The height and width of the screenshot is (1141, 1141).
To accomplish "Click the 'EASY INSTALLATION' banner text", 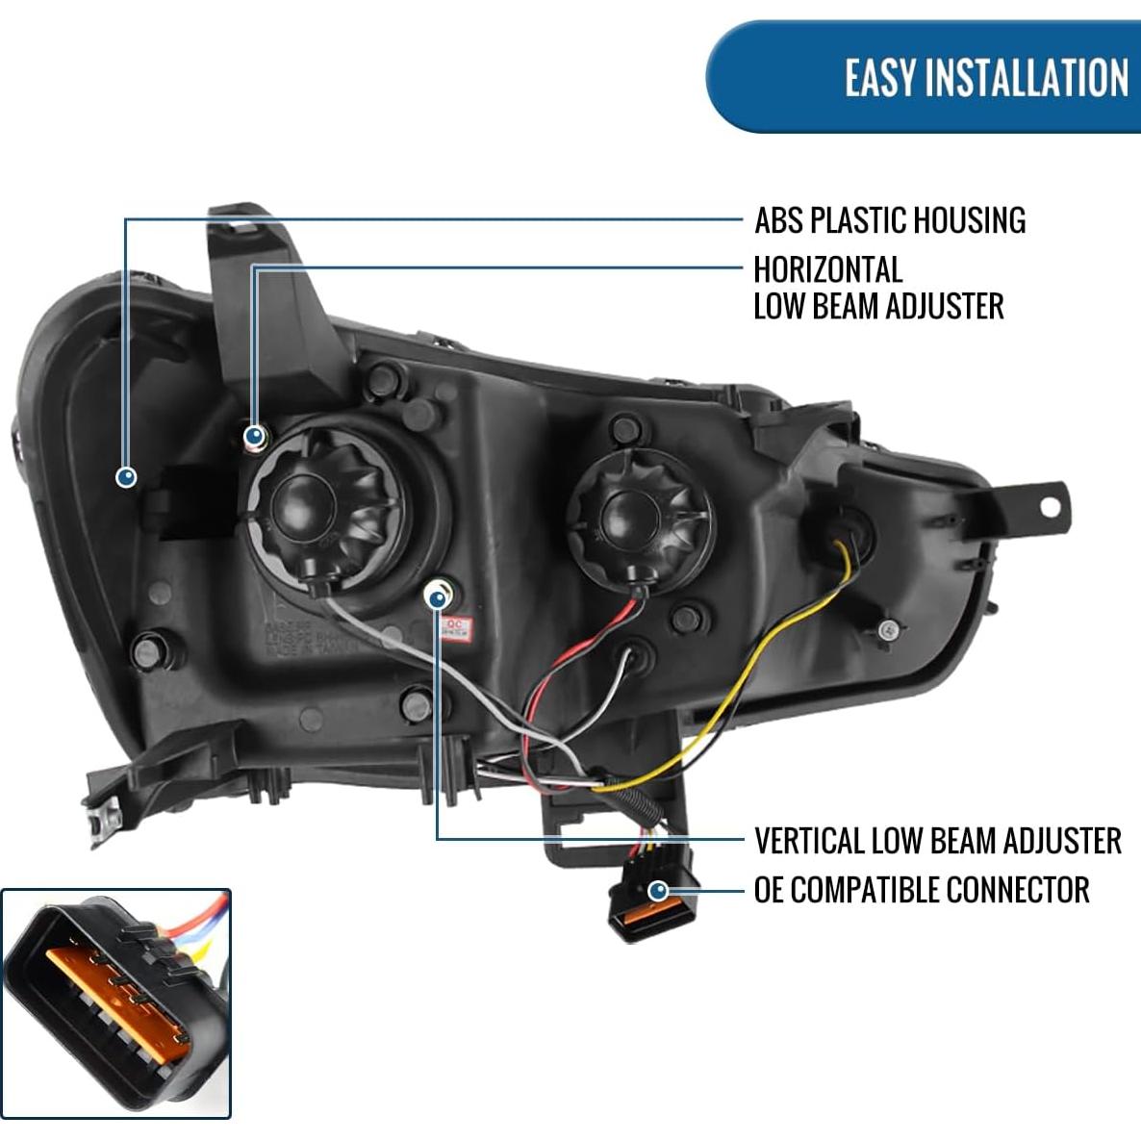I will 985,77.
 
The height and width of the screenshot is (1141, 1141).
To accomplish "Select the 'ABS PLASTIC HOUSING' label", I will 890,220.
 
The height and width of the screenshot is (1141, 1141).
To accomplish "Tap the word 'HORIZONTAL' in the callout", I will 827,269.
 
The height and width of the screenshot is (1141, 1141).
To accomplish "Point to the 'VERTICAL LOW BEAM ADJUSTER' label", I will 937,841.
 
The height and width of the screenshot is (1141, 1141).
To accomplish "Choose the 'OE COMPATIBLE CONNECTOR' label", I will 921,890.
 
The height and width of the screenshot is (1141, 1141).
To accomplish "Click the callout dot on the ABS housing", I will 126,476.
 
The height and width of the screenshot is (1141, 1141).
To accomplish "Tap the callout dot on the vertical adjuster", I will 438,598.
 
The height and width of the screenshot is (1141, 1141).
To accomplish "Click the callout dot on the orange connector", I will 658,891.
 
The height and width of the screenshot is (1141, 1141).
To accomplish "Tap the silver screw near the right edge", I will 888,630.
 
